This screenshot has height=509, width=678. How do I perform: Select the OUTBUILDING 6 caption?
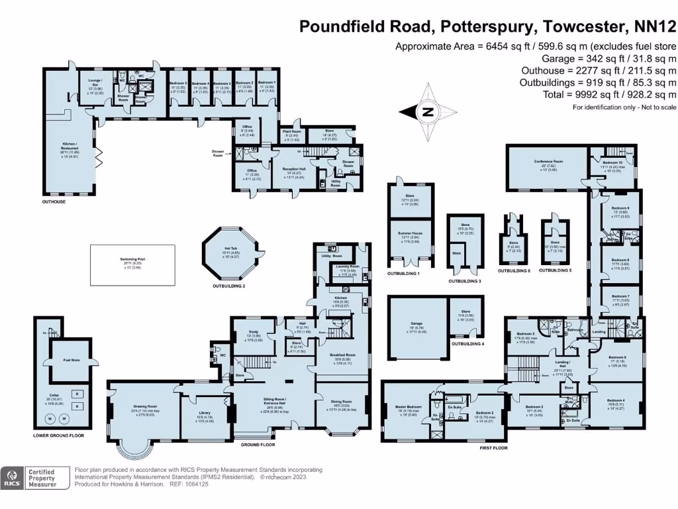pyautogui.click(x=514, y=271)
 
